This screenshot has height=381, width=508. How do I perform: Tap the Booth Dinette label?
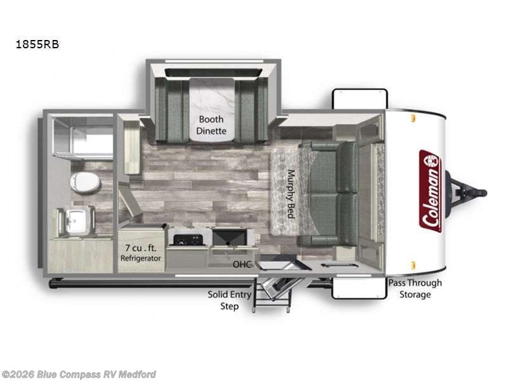point(211,125)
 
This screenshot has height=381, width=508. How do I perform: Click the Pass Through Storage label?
point(415,288)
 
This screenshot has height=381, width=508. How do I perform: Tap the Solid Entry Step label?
point(229,300)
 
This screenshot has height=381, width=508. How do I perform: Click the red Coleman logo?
point(430,190)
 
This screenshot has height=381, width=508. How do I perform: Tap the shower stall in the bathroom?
point(83,138)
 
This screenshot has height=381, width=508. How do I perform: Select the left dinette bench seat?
point(169,111)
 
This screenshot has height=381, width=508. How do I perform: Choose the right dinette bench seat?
point(252,111)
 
